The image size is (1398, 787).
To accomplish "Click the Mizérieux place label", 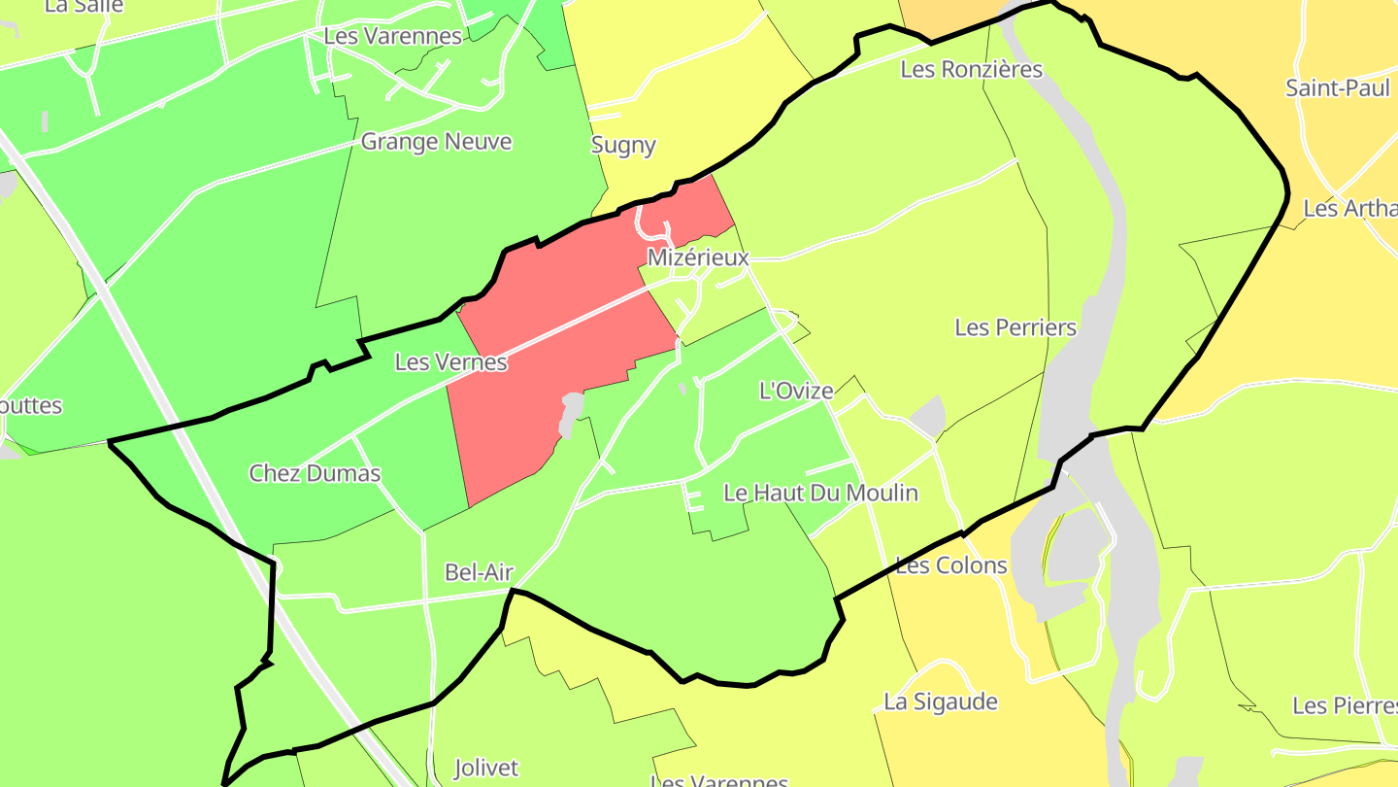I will pos(699,258).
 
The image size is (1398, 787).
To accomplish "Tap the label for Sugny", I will pos(623,146).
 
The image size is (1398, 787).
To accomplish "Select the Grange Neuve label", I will pos(436,142).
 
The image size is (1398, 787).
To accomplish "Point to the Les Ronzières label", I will pos(971,69).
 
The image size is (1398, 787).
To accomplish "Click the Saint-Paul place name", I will pos(1337,87).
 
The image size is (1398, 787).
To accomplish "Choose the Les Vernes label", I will pos(450,362).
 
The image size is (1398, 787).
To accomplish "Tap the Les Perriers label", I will pos(1015,327).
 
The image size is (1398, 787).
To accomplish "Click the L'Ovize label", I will pos(795,392).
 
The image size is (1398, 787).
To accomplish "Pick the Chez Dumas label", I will pos(315,473).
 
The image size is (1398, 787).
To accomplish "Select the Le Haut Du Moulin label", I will pos(820,493).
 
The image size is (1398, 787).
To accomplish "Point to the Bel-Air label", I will pos(479,572).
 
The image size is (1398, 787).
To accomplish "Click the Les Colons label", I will pos(950,565).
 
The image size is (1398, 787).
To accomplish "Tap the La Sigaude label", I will pos(940,701).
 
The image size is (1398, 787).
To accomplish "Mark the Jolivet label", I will pos(486,768).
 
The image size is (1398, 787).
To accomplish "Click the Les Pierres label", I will pos(1345,705).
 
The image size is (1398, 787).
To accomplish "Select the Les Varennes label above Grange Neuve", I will pos(392,37).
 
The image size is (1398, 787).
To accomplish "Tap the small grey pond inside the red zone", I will pos(571,413).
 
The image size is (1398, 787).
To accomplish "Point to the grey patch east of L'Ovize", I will pos(930,416).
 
